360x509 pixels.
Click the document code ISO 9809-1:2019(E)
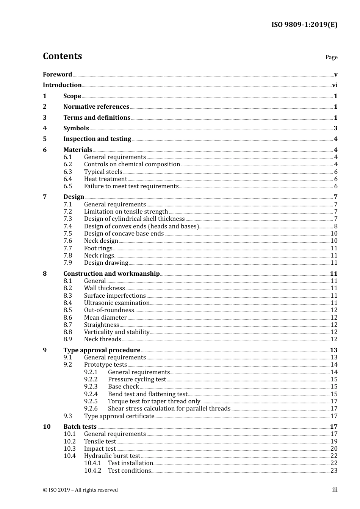pyautogui.click(x=304, y=25)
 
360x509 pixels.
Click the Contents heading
pyautogui.click(x=62, y=56)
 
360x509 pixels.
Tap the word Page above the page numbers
pyautogui.click(x=331, y=57)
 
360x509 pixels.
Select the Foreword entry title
pyautogui.click(x=57, y=75)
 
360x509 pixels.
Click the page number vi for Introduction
pyautogui.click(x=335, y=85)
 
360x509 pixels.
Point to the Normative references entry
pyautogui.click(x=96, y=107)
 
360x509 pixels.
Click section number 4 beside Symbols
pyautogui.click(x=45, y=128)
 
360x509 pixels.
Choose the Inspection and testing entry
pyautogui.click(x=97, y=139)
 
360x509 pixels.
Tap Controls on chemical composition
pyautogui.click(x=132, y=164)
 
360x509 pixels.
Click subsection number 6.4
pyautogui.click(x=68, y=179)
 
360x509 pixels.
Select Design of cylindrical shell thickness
pyautogui.click(x=134, y=219)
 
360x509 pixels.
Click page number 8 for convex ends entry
pyautogui.click(x=335, y=226)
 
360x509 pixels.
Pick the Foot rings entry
pyautogui.click(x=98, y=248)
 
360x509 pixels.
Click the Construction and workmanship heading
pyautogui.click(x=111, y=274)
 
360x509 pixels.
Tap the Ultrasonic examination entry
pyautogui.click(x=117, y=303)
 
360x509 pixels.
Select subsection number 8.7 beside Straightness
pyautogui.click(x=68, y=325)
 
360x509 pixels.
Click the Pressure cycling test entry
pyautogui.click(x=137, y=379)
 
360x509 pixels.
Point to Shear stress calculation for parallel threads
pyautogui.click(x=169, y=409)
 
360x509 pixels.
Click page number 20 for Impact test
pyautogui.click(x=334, y=449)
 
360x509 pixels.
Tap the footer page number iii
pyautogui.click(x=335, y=490)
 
